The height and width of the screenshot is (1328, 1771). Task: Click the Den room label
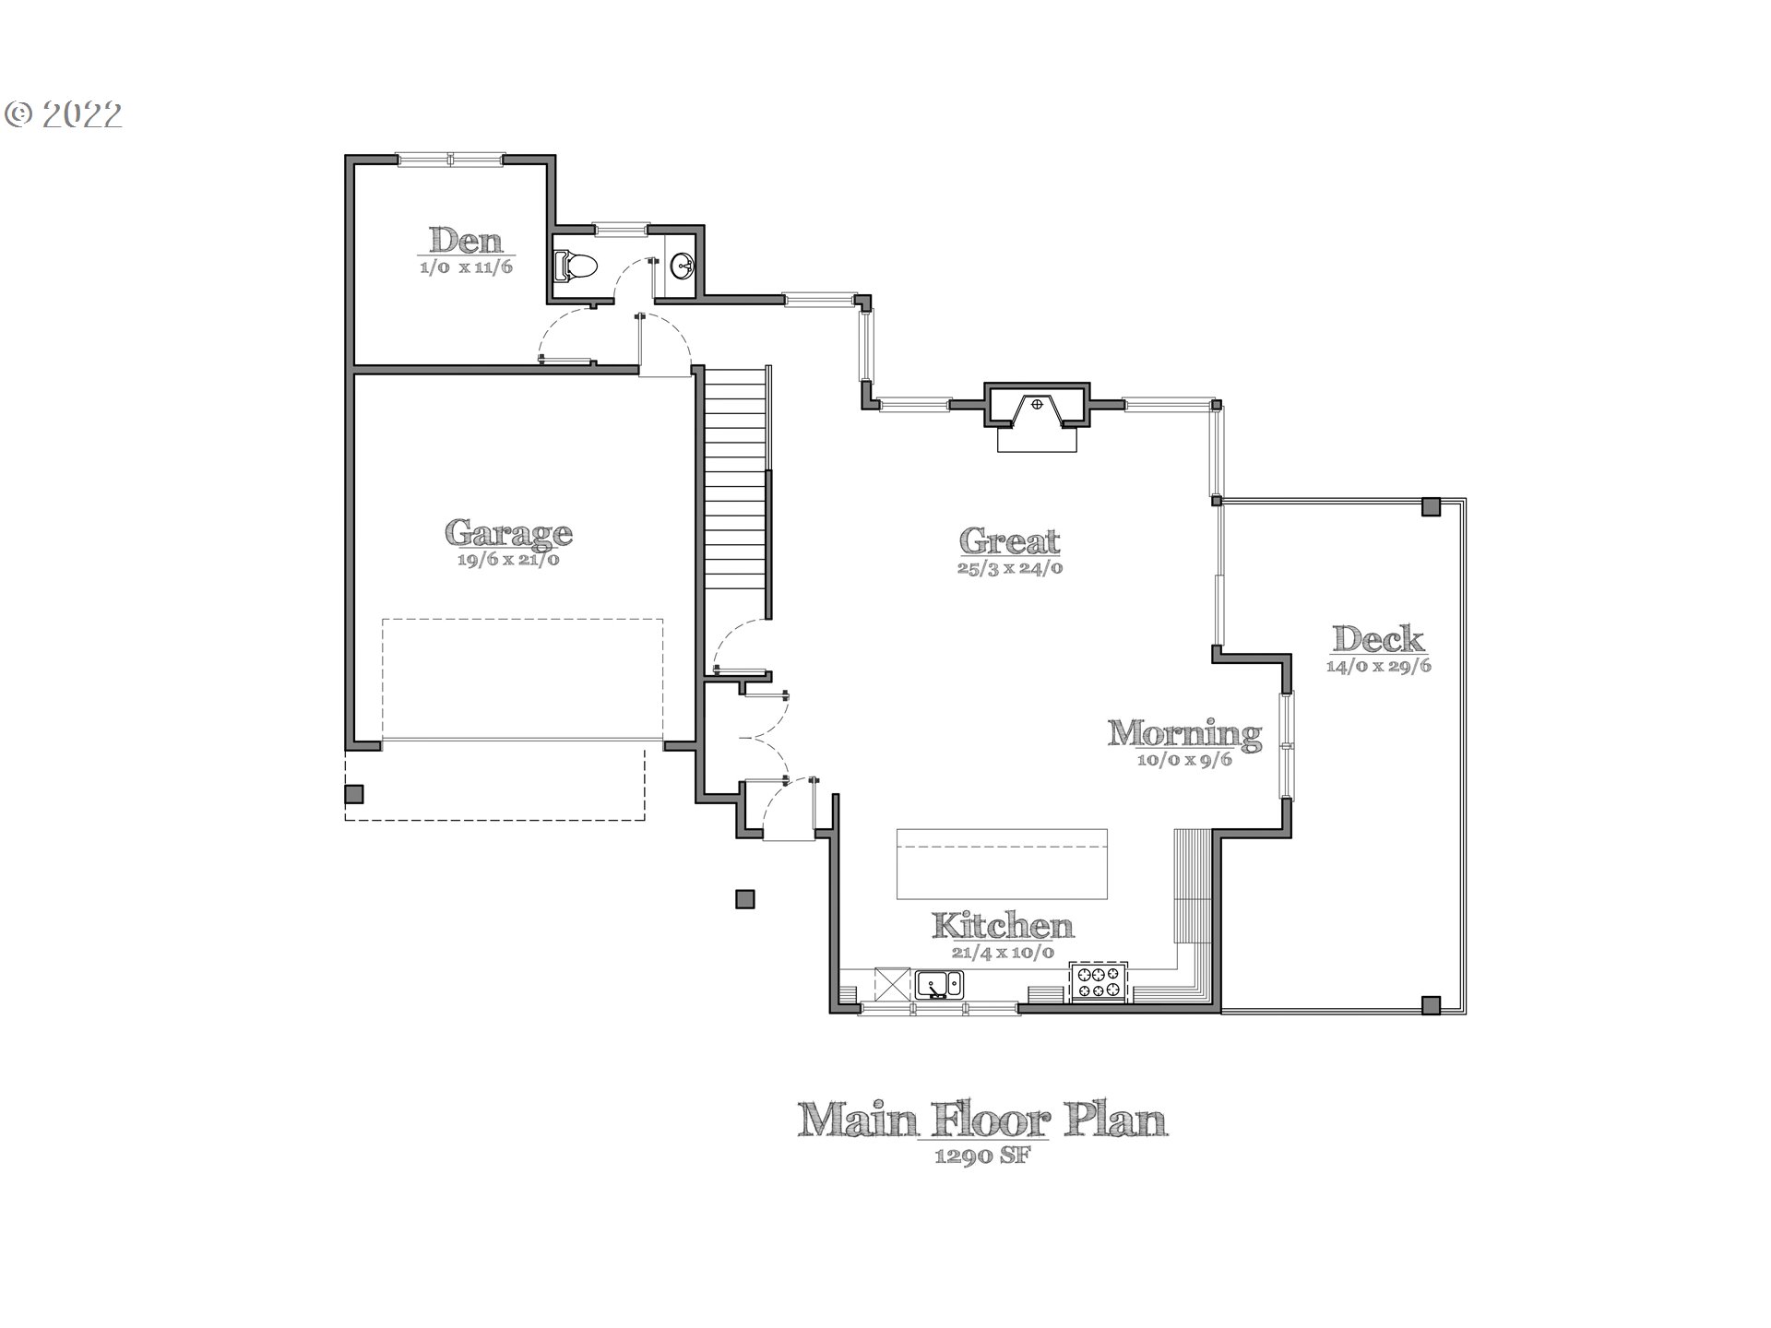[467, 241]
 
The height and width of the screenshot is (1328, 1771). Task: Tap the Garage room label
[508, 532]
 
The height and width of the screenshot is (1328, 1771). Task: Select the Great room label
[1010, 540]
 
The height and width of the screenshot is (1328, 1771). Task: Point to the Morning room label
[1185, 733]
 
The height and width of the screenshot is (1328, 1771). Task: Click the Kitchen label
[1003, 925]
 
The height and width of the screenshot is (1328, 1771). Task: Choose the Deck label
[1379, 638]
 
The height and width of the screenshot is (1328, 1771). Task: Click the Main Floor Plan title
[983, 1120]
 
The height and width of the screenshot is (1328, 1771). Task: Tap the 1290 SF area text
[983, 1156]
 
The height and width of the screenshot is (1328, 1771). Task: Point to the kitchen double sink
[939, 984]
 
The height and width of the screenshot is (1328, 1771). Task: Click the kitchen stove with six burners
[1099, 981]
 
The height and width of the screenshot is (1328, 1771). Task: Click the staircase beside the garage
[735, 491]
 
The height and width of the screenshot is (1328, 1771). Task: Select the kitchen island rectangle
[1002, 863]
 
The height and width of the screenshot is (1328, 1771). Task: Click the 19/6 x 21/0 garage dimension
[508, 559]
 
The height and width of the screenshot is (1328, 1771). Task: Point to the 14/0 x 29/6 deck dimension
[1379, 666]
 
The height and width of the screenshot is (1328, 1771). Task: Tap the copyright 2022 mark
[64, 114]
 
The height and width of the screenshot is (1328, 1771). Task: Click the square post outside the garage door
[354, 794]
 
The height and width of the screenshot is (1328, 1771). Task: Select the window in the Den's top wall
[451, 160]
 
